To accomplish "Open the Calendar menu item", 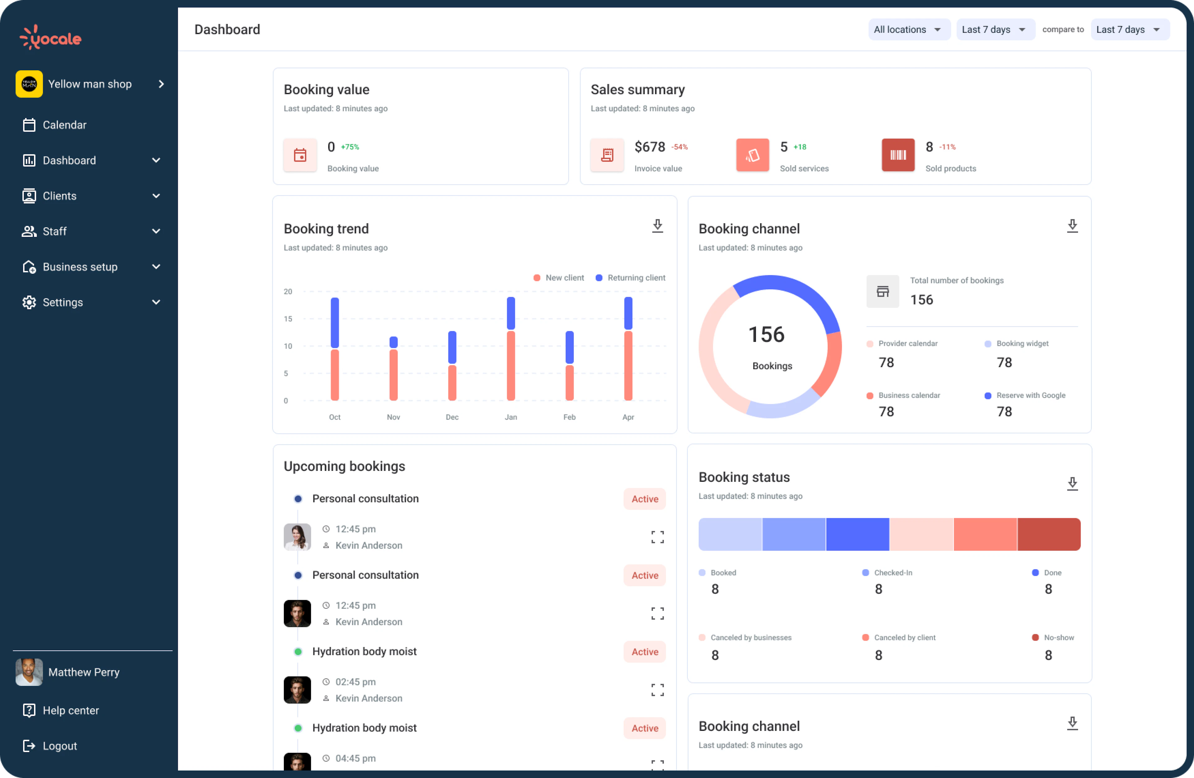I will [64, 125].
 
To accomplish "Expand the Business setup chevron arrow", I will [156, 267].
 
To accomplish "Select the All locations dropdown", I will [908, 30].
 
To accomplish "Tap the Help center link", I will [70, 710].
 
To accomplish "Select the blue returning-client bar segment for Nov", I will [393, 342].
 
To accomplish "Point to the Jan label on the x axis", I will [511, 417].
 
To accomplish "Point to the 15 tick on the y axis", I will [288, 318].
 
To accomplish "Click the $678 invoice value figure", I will [649, 147].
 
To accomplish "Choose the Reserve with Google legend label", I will [1030, 395].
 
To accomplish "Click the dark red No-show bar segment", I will [1048, 534].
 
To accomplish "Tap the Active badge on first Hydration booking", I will [644, 651].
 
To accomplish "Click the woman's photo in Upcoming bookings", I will [297, 537].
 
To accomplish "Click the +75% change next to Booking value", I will [350, 147].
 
